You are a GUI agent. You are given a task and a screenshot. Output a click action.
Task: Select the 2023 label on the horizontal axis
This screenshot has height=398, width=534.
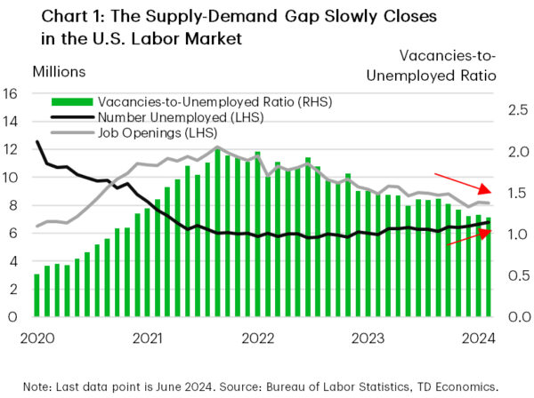point(369,338)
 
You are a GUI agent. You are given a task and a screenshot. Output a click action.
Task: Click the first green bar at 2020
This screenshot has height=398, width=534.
point(36,295)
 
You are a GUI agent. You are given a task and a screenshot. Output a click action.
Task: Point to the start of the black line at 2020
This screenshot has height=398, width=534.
point(36,142)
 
